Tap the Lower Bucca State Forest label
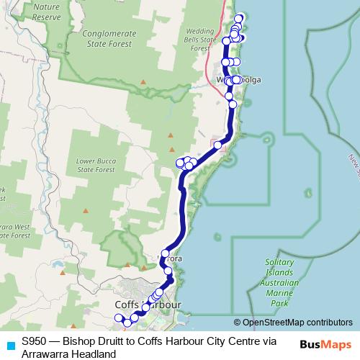click(x=96, y=164)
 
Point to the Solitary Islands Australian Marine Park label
click(x=281, y=283)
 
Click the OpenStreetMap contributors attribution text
click(x=297, y=322)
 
